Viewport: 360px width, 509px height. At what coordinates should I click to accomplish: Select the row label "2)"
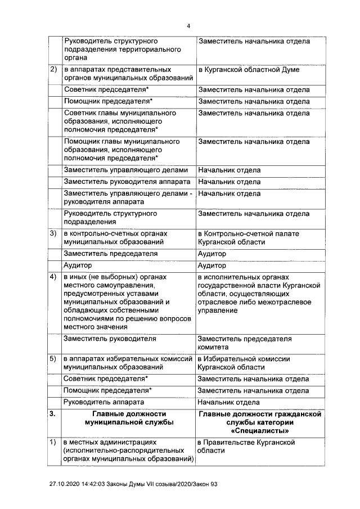53,70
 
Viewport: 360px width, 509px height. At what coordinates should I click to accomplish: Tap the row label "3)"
53,233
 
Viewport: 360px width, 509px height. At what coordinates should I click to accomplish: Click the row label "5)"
53,359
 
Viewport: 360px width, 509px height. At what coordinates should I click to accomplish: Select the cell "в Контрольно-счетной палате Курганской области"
248,237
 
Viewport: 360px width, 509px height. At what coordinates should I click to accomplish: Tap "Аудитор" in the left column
78,265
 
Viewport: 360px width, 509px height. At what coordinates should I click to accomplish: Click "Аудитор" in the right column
212,265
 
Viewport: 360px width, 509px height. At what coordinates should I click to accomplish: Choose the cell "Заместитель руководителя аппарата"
128,182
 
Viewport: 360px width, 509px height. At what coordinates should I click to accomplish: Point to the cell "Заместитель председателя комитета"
245,343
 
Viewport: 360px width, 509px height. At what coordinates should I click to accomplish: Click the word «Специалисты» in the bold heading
260,431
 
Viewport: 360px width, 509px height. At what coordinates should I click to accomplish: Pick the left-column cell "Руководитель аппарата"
105,402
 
